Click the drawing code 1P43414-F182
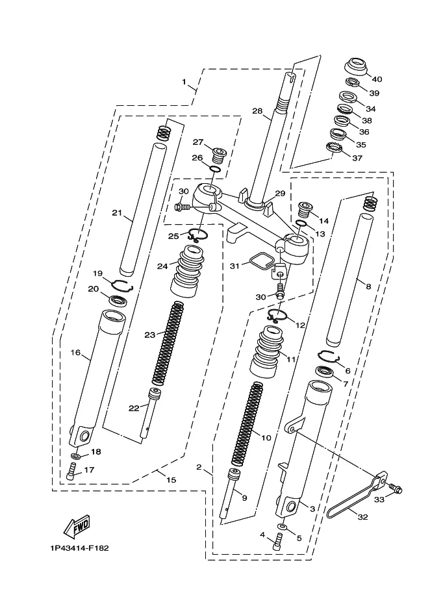pos(79,548)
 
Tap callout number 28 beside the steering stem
pos(257,111)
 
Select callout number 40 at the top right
pos(377,79)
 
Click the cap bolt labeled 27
pos(219,156)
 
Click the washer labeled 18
pos(76,455)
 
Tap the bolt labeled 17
pos(71,472)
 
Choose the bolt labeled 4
pos(277,541)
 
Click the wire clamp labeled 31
pos(261,261)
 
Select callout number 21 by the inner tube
pos(117,213)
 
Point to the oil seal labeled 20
pos(118,301)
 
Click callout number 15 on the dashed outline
pos(171,480)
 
